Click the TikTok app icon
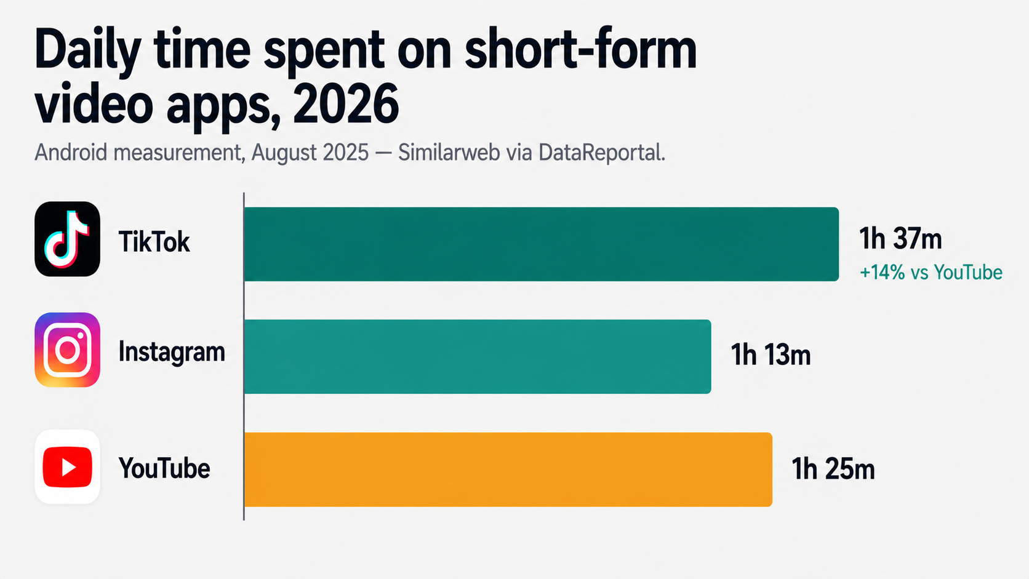point(67,239)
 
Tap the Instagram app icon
point(67,349)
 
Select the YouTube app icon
point(67,467)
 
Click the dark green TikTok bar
point(541,244)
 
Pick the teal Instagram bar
point(477,356)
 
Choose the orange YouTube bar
point(508,469)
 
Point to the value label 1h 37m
point(900,238)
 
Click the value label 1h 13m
point(771,355)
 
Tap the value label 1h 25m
point(833,469)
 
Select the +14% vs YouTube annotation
point(931,272)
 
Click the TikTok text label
point(154,242)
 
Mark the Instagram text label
point(172,353)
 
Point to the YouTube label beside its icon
point(164,468)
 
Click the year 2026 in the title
point(346,105)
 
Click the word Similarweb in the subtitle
point(449,153)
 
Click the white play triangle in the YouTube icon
point(68,467)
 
